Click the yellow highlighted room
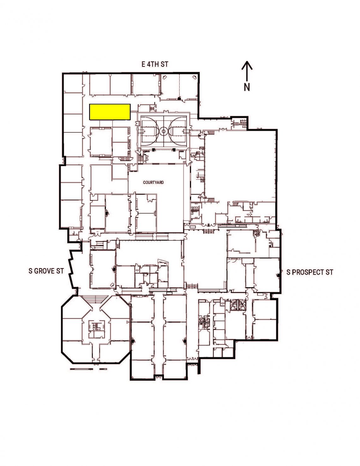(110, 112)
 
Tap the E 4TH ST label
(155, 64)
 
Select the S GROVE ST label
(46, 271)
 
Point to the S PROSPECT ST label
(310, 272)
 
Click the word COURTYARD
(153, 182)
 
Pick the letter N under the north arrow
(247, 87)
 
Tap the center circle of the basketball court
(164, 130)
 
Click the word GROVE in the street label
(44, 271)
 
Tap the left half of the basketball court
(152, 131)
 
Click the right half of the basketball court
(175, 131)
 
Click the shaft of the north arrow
(247, 73)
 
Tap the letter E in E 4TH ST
(143, 64)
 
